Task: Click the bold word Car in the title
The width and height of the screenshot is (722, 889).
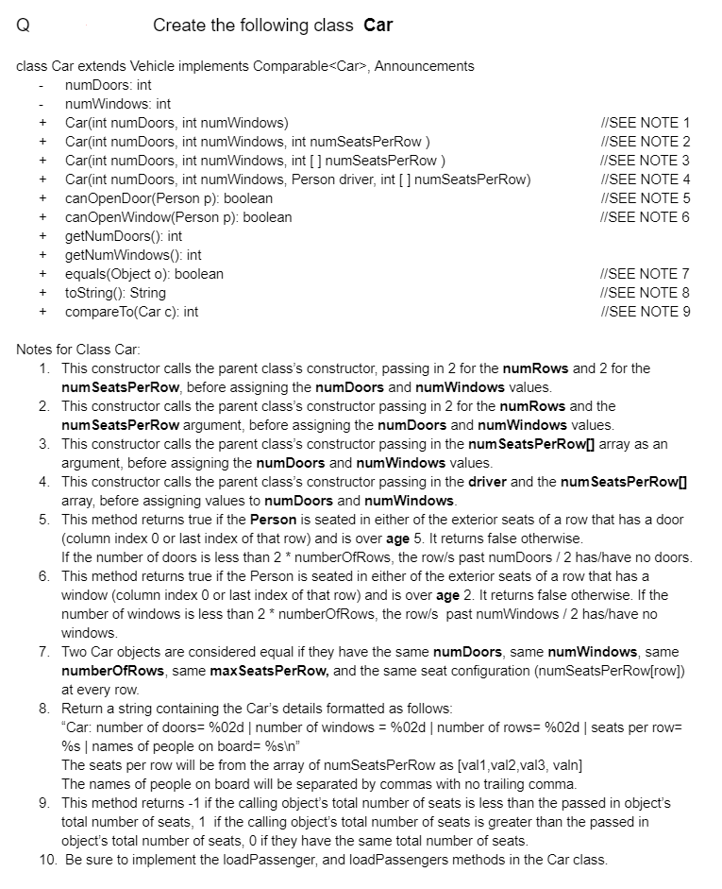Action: pos(378,26)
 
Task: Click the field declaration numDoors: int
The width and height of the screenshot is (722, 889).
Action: pos(108,85)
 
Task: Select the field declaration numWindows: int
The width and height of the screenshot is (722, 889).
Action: pos(118,104)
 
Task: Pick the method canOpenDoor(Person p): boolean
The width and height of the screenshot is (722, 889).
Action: pos(168,198)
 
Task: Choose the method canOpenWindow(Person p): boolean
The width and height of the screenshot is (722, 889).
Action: pos(177,217)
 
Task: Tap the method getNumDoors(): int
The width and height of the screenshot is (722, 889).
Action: pos(123,236)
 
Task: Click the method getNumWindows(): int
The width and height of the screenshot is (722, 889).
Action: pos(133,255)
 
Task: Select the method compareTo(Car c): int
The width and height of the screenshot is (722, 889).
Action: pos(131,312)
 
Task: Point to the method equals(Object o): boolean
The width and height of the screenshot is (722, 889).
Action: pos(143,274)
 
